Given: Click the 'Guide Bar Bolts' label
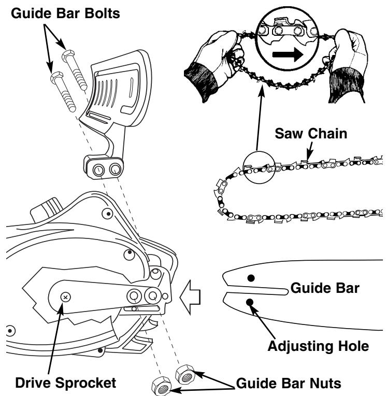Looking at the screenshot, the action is pos(65,13).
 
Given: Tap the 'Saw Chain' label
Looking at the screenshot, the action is pos(311,133).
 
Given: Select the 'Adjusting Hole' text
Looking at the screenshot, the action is pos(318,346).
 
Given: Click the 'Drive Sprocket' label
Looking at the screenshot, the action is pos(66,383).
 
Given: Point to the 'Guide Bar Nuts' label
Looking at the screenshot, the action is pos(289,383).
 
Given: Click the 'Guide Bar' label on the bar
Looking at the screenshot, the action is pos(325,288).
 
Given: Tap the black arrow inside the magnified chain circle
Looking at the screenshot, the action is pos(288,54).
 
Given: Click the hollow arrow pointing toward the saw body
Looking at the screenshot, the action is pos(190,297).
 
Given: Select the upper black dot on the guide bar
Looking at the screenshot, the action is pos(251,278).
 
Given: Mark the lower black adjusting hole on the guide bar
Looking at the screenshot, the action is pos(250,302).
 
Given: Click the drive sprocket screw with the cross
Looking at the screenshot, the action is pos(66,297).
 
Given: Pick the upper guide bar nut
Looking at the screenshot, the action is pos(185,374).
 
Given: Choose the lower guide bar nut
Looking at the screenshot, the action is pos(162,386).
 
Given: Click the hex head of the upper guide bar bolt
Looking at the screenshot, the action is pos(68,56).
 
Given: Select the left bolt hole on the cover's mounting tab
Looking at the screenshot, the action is pos(98,169).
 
